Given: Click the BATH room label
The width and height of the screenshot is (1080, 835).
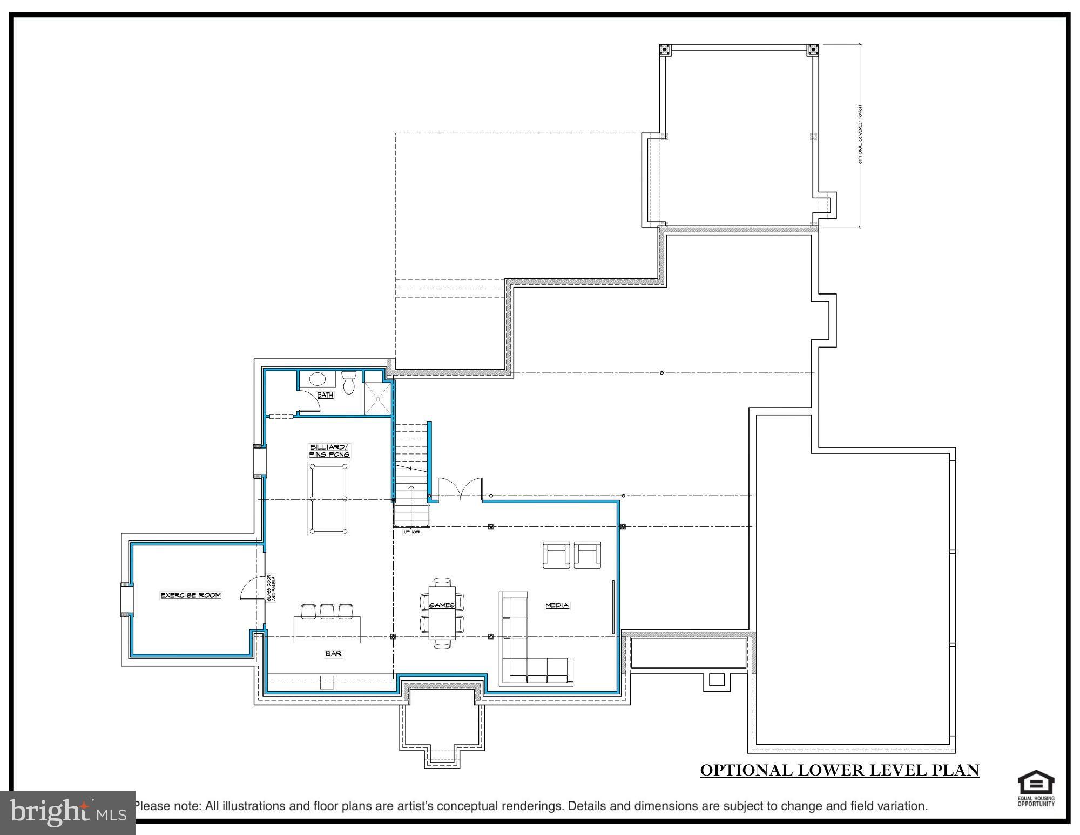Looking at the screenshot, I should pos(325,395).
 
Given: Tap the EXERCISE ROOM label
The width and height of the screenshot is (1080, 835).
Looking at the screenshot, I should pos(191,595).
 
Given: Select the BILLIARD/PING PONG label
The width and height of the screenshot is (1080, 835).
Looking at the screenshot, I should pos(329,451).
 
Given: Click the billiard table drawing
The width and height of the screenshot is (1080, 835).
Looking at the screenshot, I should pos(328,498).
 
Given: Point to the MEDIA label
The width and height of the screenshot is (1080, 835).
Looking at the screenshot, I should pos(557,605).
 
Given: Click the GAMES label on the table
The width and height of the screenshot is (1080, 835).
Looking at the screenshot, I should pos(441,605).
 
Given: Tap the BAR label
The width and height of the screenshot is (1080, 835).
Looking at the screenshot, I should pos(333,654).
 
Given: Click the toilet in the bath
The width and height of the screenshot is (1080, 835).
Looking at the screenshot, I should pos(349,382).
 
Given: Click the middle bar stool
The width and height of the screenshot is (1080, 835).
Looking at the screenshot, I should pos(327,611).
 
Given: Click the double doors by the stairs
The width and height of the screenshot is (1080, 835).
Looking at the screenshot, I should pos(460,489).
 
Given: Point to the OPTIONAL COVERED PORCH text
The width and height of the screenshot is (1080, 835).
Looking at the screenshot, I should pos(860,135).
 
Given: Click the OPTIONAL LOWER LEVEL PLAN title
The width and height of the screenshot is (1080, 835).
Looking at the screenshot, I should pos(840,770).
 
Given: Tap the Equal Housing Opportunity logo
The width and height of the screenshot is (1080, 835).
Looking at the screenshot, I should pos(1036,790).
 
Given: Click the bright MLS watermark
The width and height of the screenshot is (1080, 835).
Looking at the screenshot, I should pos(67,812).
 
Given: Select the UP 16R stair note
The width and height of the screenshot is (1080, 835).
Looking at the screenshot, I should pos(412,532).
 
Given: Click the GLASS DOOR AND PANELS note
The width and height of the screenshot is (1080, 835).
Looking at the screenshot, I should pos(272,588).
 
